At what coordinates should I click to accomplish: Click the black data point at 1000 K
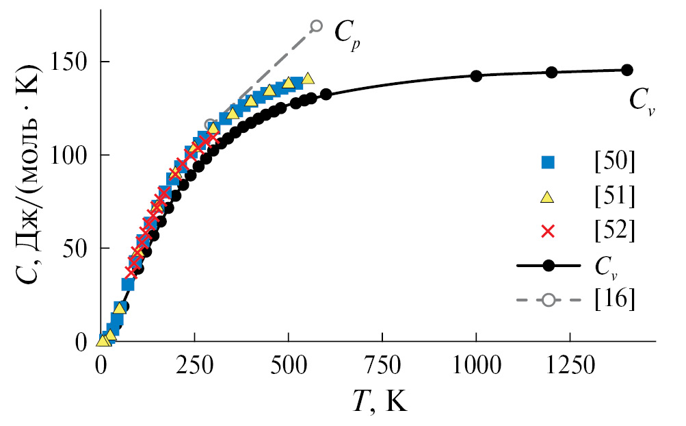coord(476,75)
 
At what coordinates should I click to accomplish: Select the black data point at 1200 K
coord(551,72)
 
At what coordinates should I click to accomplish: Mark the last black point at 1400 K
coord(626,69)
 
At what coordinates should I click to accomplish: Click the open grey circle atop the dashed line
coord(316,26)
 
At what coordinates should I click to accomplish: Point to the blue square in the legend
coord(547,162)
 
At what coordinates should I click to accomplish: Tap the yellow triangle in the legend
coord(547,197)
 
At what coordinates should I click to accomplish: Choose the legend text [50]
coord(615,162)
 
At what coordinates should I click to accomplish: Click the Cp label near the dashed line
coord(347,33)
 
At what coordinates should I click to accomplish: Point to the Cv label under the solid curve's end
coord(642,103)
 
